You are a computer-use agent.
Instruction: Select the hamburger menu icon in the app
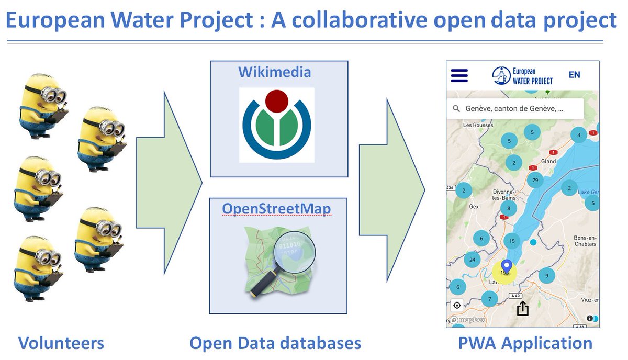(x=459, y=75)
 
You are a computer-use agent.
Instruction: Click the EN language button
(x=574, y=75)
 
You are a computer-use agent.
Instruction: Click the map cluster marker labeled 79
(x=535, y=181)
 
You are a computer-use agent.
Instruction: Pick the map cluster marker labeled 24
(x=473, y=260)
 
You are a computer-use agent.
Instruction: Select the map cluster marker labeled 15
(x=512, y=241)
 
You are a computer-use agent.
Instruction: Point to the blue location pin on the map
(x=506, y=266)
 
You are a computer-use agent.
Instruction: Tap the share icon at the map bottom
(x=522, y=309)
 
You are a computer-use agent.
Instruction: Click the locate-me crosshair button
(x=457, y=305)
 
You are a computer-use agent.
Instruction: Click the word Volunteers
(x=61, y=343)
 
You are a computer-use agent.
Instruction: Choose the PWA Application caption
(x=525, y=343)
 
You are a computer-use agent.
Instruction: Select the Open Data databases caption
(x=275, y=343)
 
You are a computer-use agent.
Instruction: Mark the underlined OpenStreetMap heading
(x=276, y=209)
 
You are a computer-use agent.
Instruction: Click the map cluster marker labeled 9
(x=546, y=275)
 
